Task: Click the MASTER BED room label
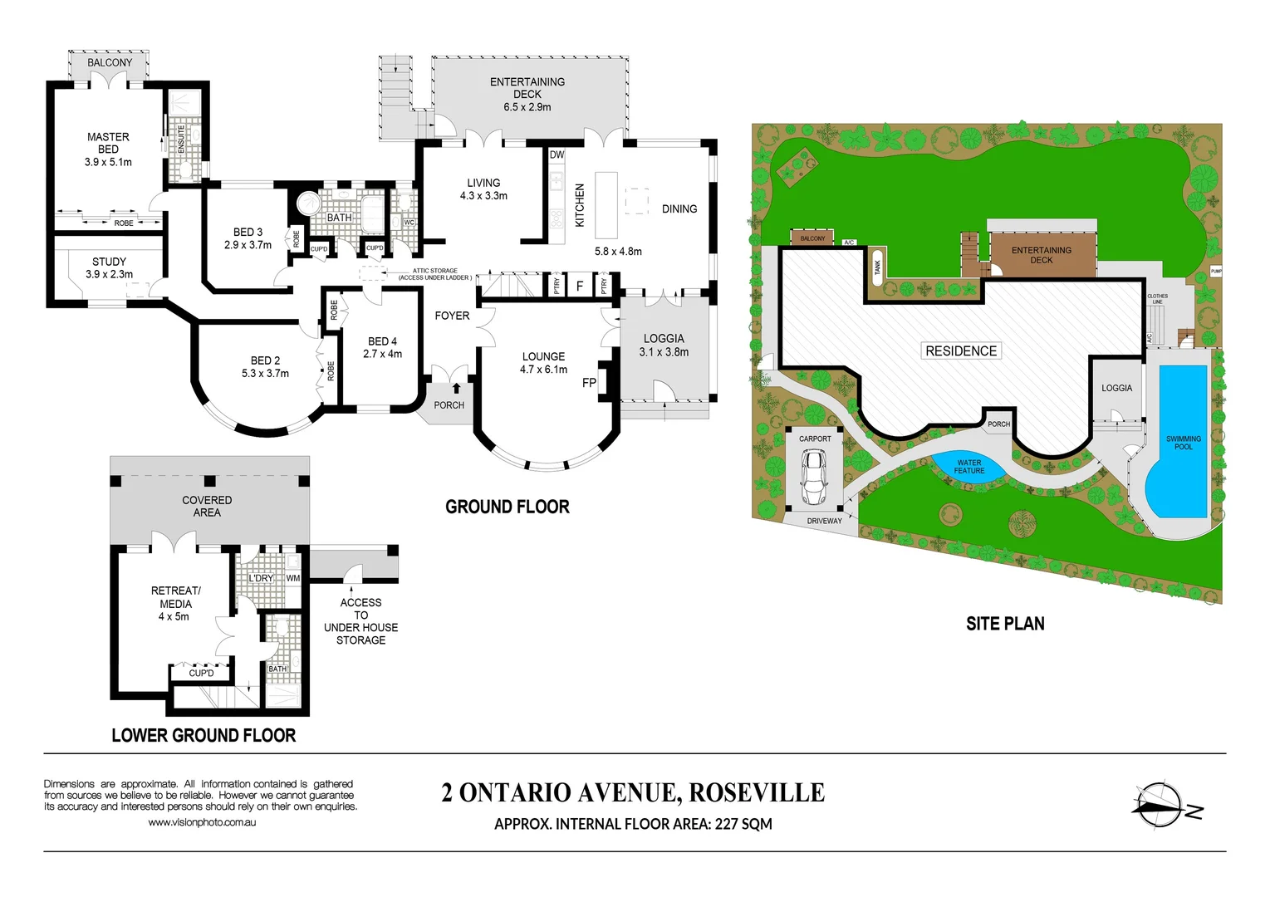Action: pos(108,143)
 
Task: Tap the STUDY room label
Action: pos(109,262)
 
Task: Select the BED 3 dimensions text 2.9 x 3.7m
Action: pos(248,245)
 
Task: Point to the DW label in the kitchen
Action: pos(557,154)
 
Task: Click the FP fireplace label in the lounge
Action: pos(589,383)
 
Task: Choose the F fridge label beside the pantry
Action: pos(580,286)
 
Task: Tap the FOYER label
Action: pos(452,316)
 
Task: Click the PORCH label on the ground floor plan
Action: pos(449,405)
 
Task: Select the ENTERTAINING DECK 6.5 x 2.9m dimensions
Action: pos(527,107)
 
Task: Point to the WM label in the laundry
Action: pos(292,578)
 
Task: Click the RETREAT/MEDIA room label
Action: pos(175,597)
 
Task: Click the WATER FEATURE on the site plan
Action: pos(968,467)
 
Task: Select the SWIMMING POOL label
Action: pos(1183,443)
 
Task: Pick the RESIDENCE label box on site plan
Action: pos(961,351)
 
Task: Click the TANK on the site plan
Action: pos(877,267)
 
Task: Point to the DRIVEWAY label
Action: pos(824,521)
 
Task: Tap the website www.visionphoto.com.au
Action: pos(202,822)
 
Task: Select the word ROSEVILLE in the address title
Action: pos(757,793)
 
